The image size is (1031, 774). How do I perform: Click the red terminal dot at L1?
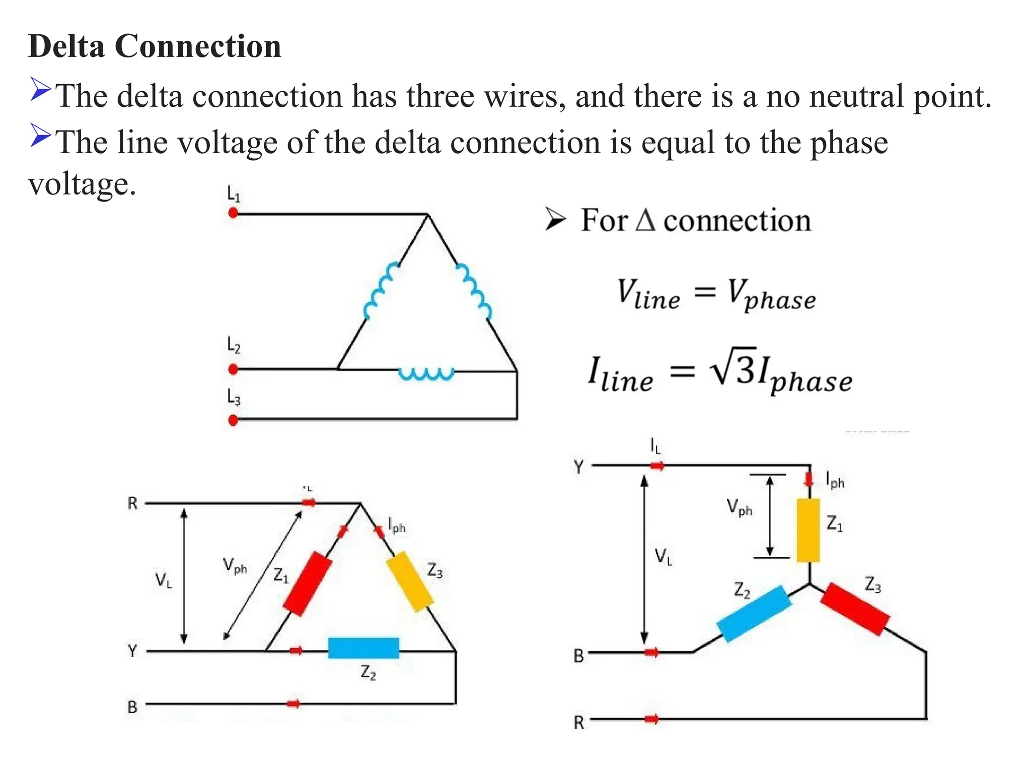(x=233, y=213)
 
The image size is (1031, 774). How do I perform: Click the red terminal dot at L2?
(x=233, y=369)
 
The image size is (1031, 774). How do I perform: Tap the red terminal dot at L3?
(x=233, y=420)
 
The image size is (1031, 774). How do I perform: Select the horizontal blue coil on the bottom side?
(x=426, y=373)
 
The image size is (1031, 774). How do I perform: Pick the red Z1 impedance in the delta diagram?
(x=307, y=584)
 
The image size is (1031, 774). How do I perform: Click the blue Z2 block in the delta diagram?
(x=363, y=648)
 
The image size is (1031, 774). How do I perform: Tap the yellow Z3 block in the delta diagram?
(x=410, y=582)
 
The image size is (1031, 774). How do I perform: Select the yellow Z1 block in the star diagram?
(x=808, y=530)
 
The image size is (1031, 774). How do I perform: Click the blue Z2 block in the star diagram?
(x=754, y=613)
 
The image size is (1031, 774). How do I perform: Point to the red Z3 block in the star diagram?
(x=855, y=609)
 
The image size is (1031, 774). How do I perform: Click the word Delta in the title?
(x=66, y=46)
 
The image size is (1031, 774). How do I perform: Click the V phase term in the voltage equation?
(x=771, y=295)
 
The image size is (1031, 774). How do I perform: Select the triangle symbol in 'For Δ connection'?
(x=645, y=220)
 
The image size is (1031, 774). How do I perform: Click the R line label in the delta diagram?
(x=132, y=503)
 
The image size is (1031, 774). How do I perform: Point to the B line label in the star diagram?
(x=579, y=656)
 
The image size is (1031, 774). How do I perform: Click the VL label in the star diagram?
(x=663, y=557)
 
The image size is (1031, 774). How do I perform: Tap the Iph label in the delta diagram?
(x=397, y=525)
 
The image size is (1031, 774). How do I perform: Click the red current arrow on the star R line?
(x=651, y=719)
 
